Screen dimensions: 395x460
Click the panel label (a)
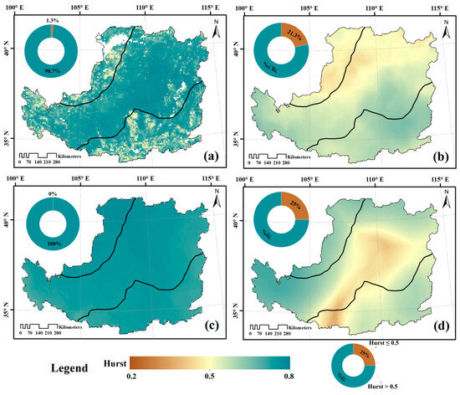[209, 156]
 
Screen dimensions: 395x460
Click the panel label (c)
[209, 322]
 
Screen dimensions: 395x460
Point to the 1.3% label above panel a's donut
[52, 21]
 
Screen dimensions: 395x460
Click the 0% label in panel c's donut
[52, 193]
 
